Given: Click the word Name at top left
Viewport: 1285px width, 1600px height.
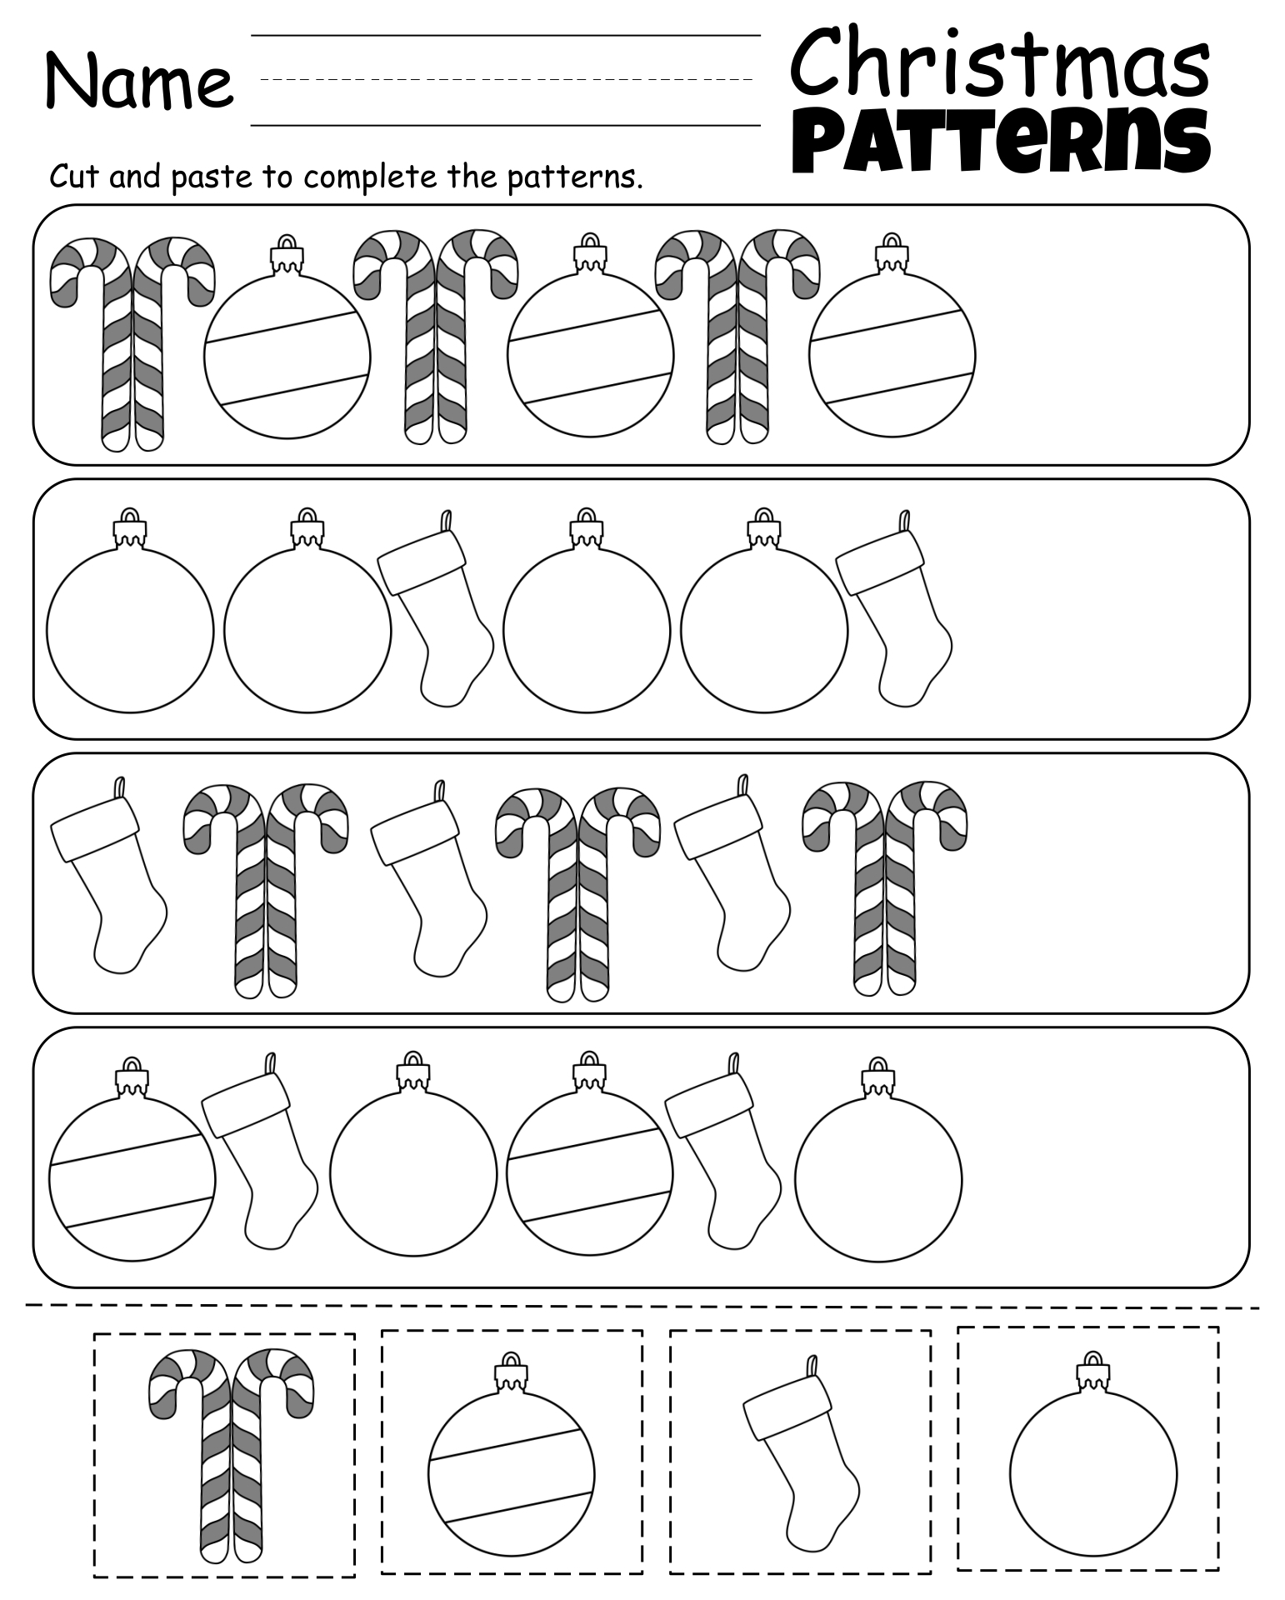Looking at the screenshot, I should pyautogui.click(x=138, y=82).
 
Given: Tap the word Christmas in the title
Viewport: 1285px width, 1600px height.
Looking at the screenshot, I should pyautogui.click(x=998, y=64).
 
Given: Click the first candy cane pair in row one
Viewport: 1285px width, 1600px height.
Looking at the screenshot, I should pyautogui.click(x=132, y=342).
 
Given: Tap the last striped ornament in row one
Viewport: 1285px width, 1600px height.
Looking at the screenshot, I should pyautogui.click(x=892, y=350).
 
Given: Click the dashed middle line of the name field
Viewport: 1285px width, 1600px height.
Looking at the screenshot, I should pyautogui.click(x=506, y=80).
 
